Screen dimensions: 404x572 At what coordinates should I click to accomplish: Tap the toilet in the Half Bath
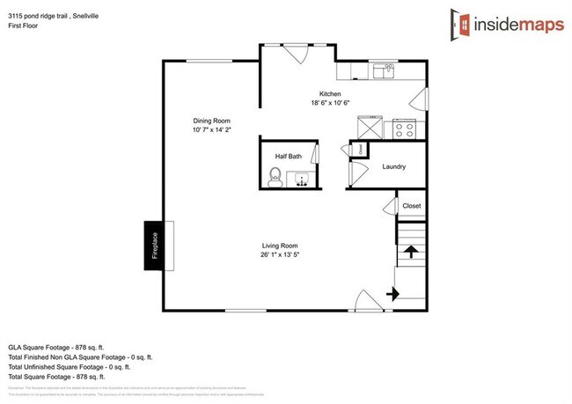(x=275, y=180)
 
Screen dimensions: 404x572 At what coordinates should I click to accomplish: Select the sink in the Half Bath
(x=302, y=181)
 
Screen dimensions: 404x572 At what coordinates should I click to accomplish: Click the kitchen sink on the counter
(x=383, y=70)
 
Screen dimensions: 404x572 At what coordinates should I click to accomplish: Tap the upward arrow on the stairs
(x=409, y=253)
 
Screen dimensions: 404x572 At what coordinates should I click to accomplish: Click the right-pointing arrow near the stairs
(x=393, y=293)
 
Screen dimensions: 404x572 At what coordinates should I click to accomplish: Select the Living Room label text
(x=280, y=246)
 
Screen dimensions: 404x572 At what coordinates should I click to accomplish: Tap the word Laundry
(x=392, y=165)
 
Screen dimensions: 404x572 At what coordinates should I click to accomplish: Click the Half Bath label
(x=288, y=156)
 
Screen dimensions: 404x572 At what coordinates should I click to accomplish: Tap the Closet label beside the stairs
(x=411, y=206)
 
